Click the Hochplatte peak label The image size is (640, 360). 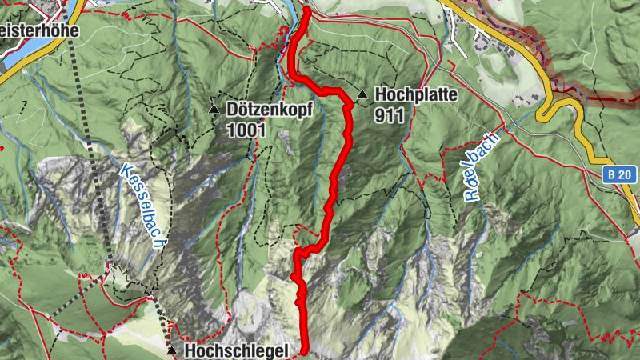point(415,95)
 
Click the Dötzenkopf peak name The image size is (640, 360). point(272,108)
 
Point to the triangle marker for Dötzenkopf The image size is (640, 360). point(214,108)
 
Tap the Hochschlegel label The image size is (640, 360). point(236,350)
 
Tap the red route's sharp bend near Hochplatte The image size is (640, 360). point(349,103)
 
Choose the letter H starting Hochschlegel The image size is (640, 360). point(190,350)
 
